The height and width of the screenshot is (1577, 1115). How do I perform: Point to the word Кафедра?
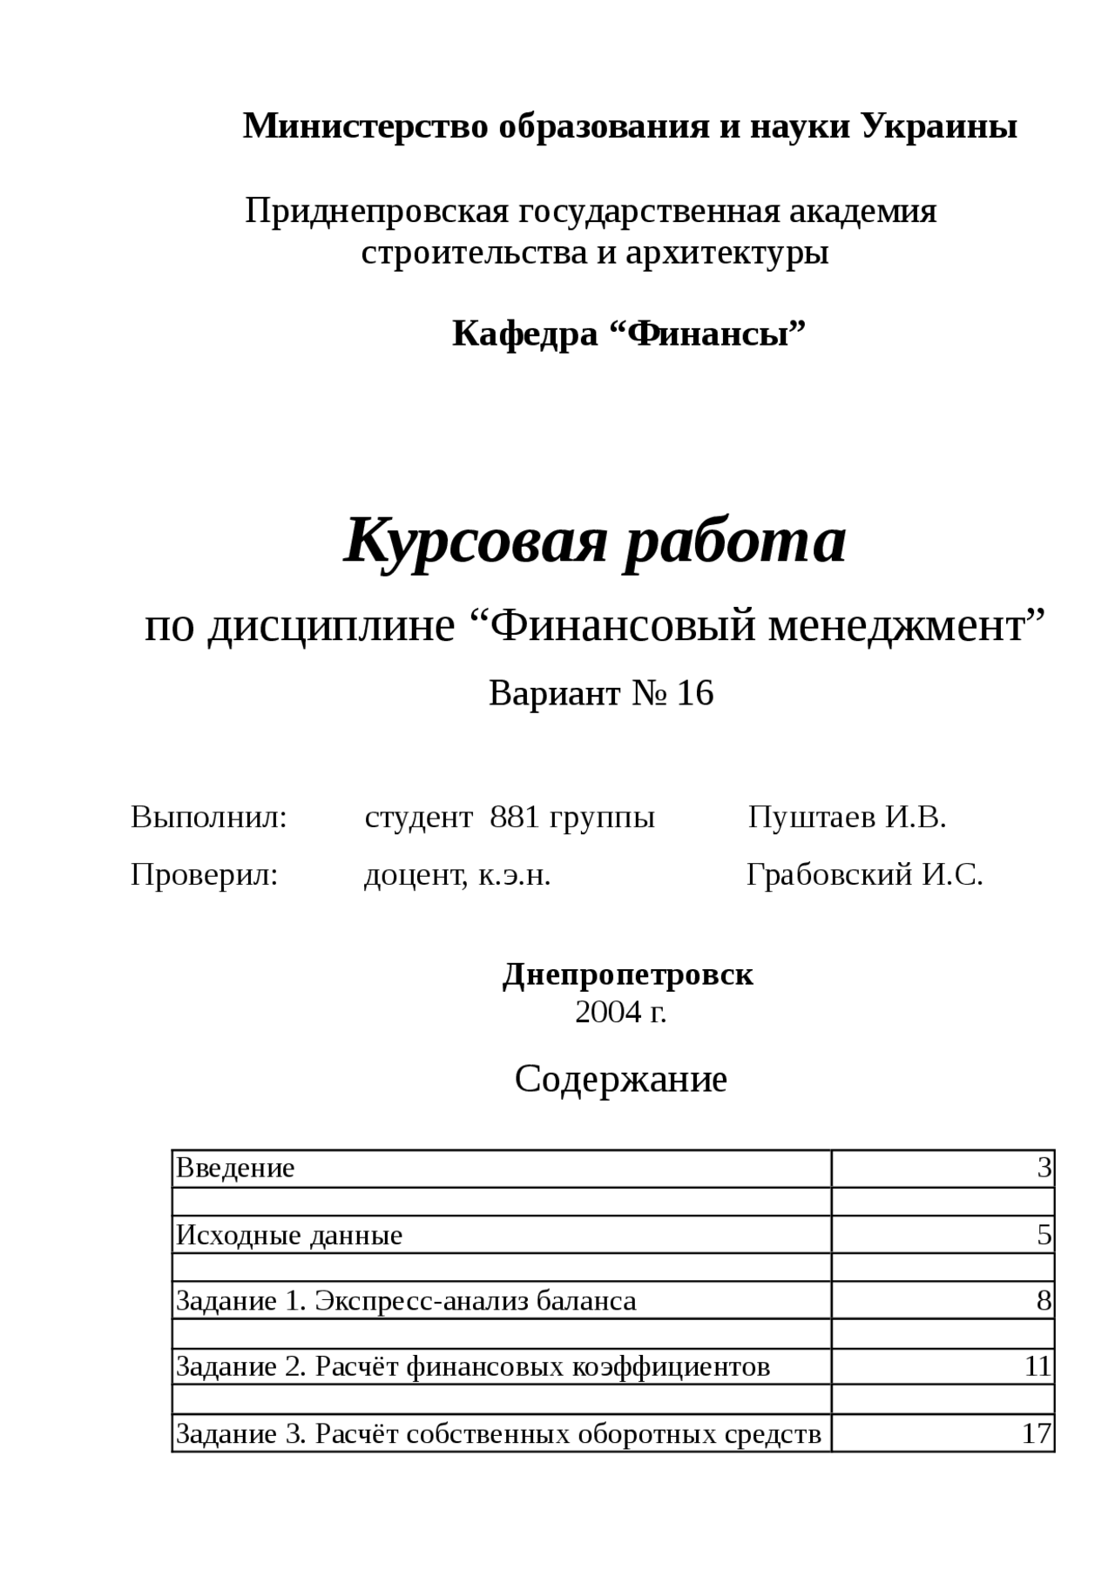(x=524, y=334)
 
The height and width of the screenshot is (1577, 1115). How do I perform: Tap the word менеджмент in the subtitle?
(x=906, y=625)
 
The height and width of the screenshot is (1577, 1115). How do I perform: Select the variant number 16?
(x=695, y=693)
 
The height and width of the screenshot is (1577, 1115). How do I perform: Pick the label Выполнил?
(x=209, y=818)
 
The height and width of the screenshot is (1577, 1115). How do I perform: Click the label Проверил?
(x=205, y=874)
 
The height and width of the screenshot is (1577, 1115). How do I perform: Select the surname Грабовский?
(x=829, y=874)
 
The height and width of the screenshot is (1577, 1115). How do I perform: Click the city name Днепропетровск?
(x=628, y=974)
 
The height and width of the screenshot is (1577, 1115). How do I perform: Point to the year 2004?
(x=607, y=1012)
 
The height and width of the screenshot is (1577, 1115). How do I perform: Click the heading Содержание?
(x=620, y=1080)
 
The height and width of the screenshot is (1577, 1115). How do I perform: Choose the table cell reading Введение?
(x=236, y=1168)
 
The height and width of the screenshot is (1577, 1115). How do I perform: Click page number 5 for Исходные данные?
(x=1044, y=1235)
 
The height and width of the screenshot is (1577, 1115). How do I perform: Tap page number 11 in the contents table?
(x=1037, y=1366)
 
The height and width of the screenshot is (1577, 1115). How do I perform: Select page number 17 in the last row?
(x=1037, y=1433)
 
